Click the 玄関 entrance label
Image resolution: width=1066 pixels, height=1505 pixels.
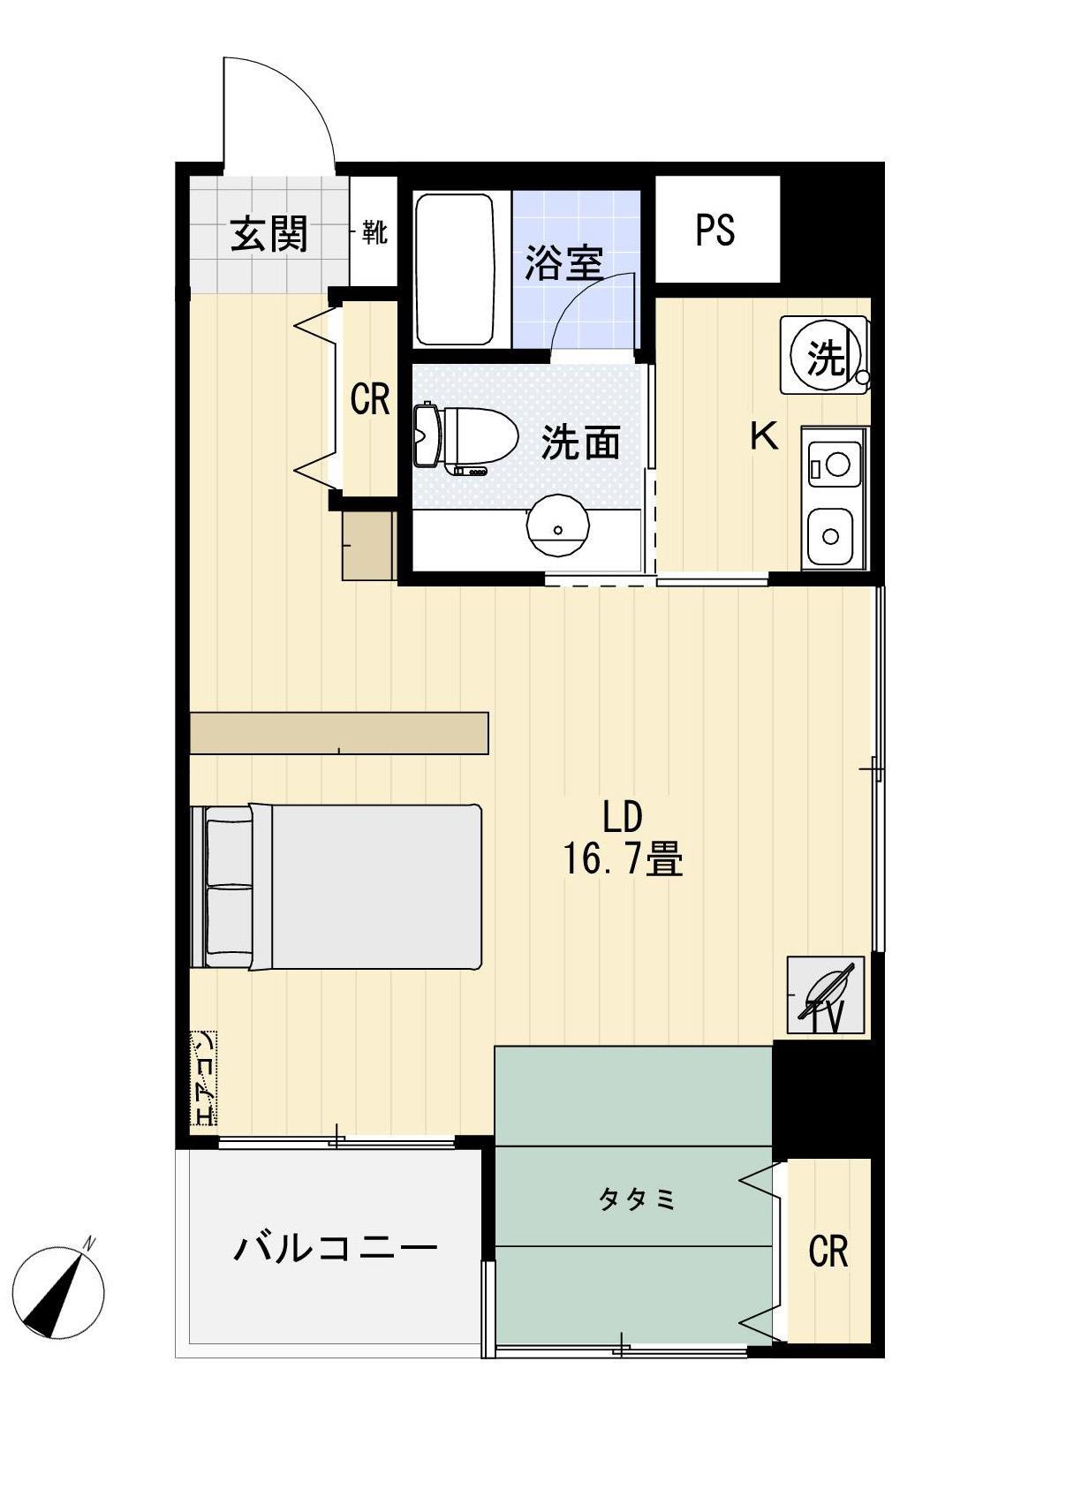pos(268,234)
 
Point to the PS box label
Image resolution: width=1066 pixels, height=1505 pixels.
pos(715,230)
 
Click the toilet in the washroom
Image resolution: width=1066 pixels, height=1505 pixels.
pos(466,436)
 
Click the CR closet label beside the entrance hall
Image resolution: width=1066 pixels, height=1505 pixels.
pos(369,399)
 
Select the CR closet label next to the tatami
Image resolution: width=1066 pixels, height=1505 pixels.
pos(828,1251)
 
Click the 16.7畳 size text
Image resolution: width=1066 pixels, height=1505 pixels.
pos(623,858)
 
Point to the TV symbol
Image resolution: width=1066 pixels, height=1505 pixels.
pos(826,995)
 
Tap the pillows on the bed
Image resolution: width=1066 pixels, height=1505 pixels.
pos(229,887)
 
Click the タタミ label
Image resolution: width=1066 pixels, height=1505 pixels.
pos(637,1199)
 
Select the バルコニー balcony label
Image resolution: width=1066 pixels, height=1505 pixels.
pos(336,1247)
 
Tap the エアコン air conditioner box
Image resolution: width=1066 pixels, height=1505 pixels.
pos(204,1078)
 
